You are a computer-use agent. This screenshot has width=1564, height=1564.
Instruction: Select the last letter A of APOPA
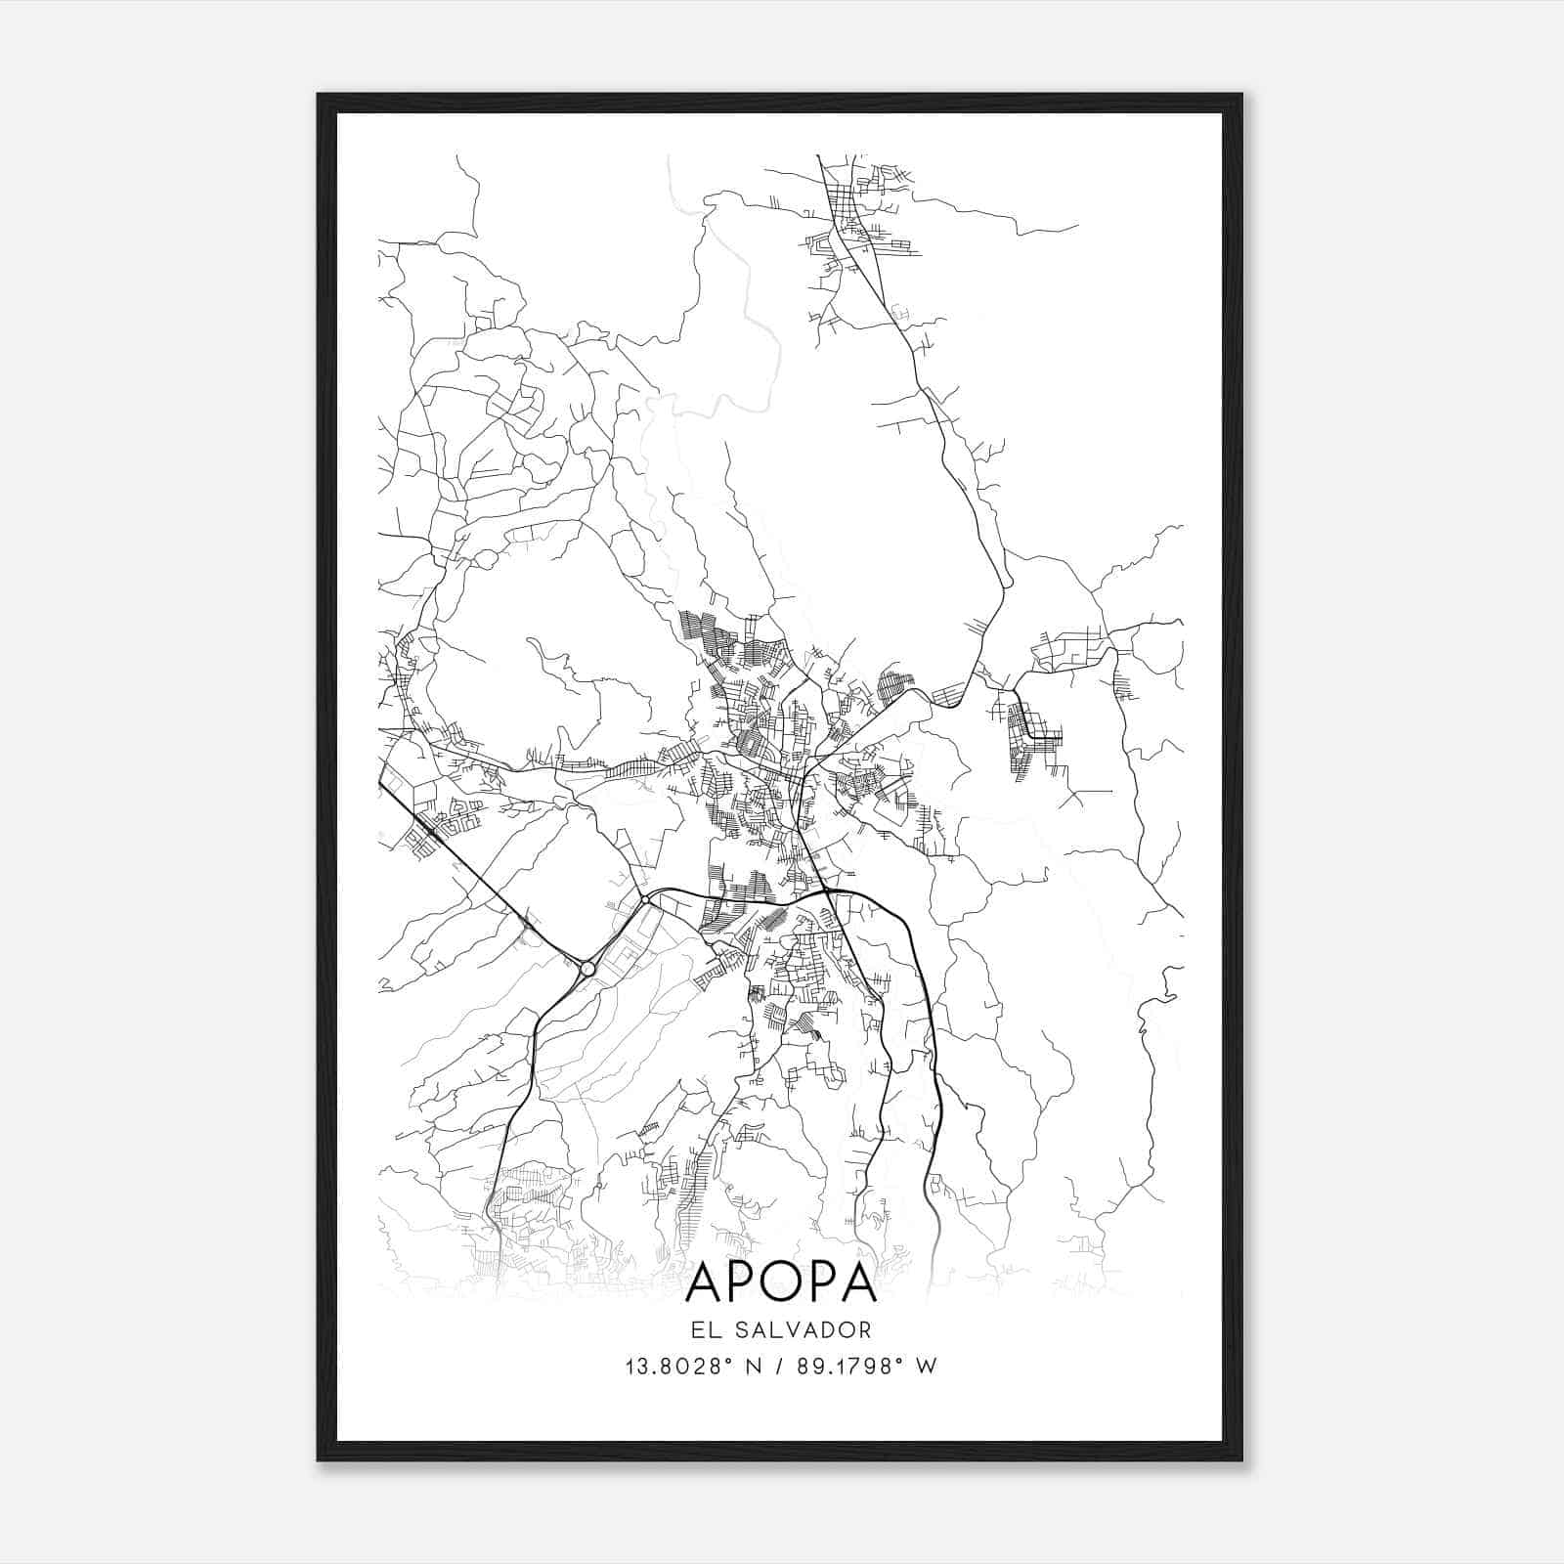(x=857, y=1283)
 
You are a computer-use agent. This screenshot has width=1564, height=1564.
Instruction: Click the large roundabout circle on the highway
(x=586, y=969)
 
